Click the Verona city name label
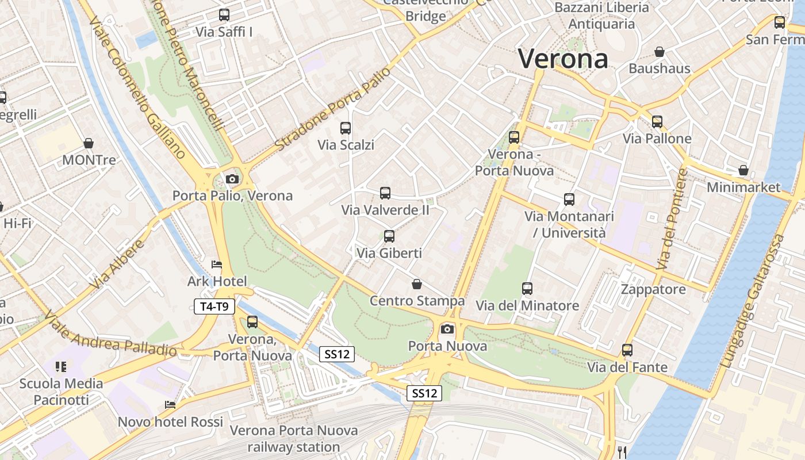pos(563,59)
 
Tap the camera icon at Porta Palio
pos(232,179)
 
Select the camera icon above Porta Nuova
pos(447,329)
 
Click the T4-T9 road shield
pos(214,306)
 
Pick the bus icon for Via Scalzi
pos(346,128)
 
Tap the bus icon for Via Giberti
pos(389,236)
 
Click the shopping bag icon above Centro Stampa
pos(417,284)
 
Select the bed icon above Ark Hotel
pos(217,264)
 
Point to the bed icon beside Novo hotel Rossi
pos(170,404)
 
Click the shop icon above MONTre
pos(89,143)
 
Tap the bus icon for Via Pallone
pos(657,121)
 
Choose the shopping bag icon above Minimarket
pos(743,171)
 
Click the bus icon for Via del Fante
pos(627,350)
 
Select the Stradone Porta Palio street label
pos(333,110)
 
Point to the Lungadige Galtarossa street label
pos(753,301)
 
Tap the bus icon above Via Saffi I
pos(224,15)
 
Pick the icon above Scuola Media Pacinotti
pos(62,366)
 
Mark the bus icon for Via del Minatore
pos(527,289)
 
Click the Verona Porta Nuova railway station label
pos(294,438)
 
